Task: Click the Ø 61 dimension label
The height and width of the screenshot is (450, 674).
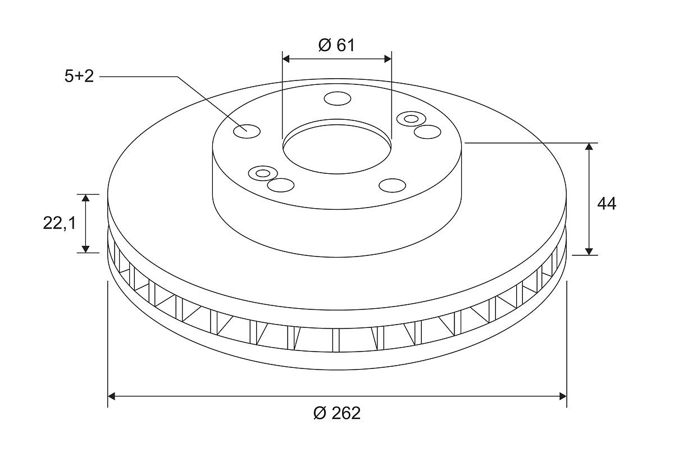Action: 336,45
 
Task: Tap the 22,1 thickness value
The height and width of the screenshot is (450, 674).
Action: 60,224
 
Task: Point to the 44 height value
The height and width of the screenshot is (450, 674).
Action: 607,204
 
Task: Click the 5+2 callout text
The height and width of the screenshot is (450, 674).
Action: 79,76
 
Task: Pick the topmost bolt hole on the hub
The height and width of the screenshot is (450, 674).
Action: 338,98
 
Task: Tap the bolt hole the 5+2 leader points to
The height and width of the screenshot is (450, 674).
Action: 247,132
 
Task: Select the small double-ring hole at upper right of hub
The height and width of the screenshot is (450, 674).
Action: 411,119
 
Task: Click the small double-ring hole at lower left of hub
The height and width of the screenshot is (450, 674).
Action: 263,173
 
